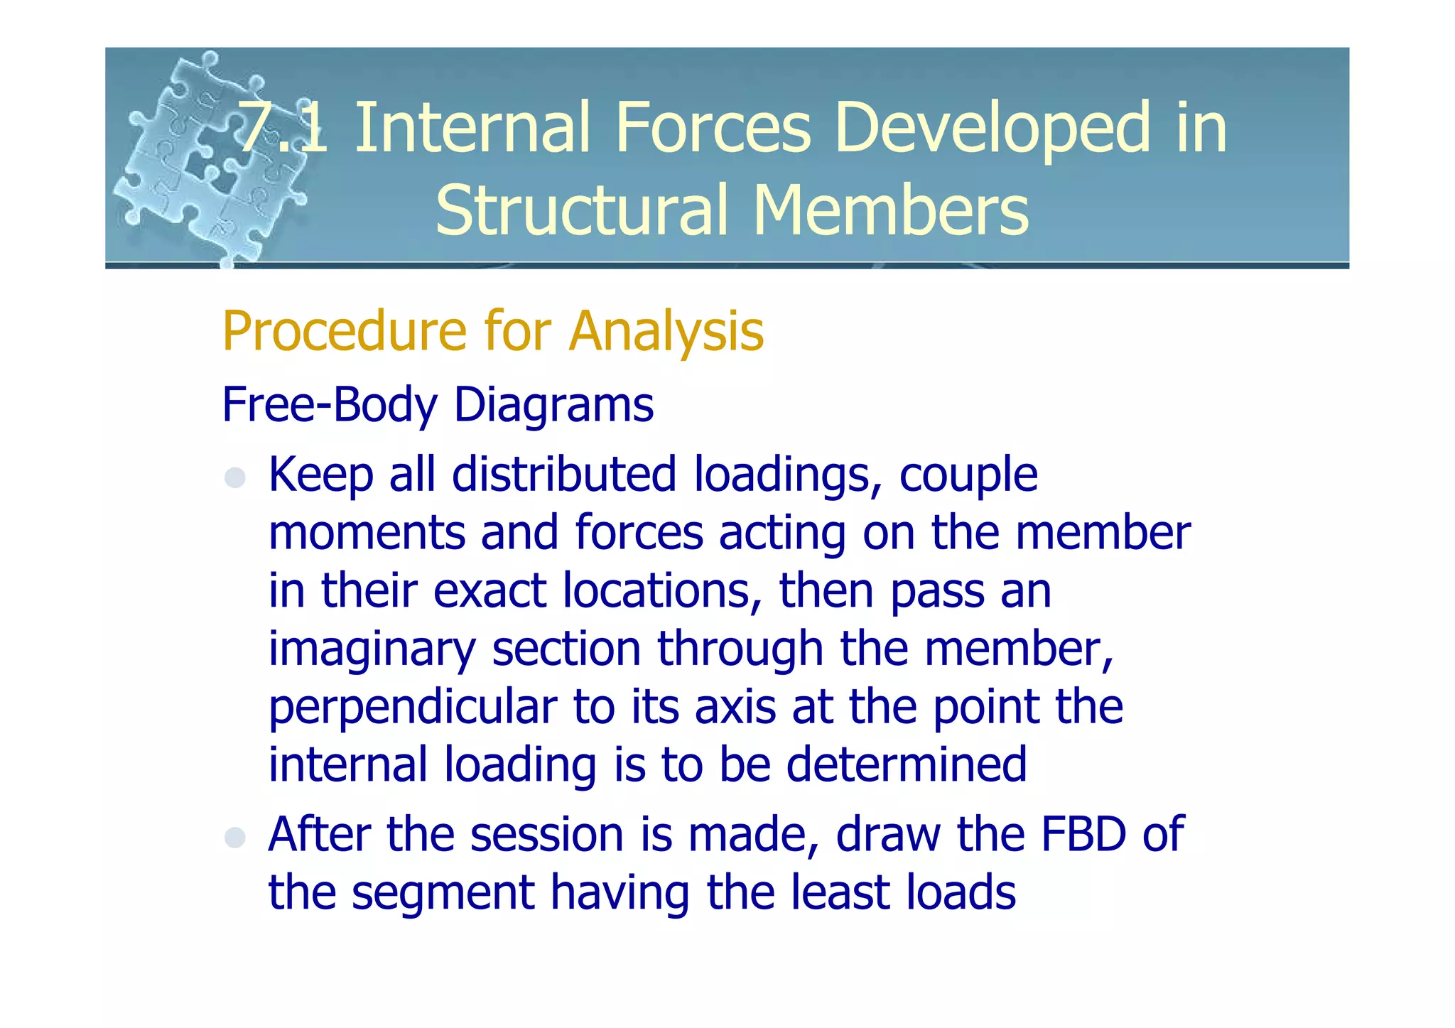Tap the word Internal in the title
(x=472, y=128)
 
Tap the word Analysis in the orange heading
(x=666, y=332)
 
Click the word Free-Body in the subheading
(x=330, y=405)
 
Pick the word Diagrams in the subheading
(x=553, y=405)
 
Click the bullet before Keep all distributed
(x=235, y=477)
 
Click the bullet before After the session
(x=235, y=837)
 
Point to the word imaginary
(x=372, y=651)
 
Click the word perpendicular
(x=413, y=708)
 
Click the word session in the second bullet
(x=546, y=835)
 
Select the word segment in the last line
(x=443, y=894)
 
